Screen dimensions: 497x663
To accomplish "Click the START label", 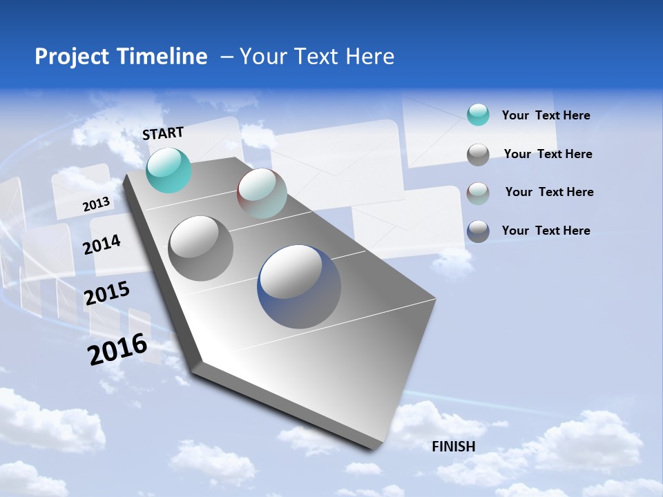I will tap(163, 133).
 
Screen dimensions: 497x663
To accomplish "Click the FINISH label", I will tap(454, 446).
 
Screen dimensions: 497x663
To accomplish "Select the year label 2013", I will tap(97, 204).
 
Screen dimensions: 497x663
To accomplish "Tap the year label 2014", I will tap(102, 244).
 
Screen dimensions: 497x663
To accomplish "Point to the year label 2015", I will tap(107, 293).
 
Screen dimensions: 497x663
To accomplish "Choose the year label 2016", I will tap(117, 349).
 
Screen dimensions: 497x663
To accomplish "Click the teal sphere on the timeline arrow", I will tap(169, 170).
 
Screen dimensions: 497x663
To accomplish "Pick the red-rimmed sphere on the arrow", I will tap(262, 193).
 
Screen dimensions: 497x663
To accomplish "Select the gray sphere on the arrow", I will tap(201, 248).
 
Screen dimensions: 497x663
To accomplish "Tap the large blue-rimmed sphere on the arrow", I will tap(299, 286).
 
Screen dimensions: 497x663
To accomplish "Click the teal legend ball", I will tap(478, 115).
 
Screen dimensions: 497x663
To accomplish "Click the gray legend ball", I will tap(478, 155).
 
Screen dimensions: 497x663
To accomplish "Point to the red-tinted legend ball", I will tap(478, 193).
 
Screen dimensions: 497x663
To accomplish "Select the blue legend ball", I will tap(478, 231).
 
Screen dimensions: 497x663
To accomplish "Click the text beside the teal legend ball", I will tap(546, 115).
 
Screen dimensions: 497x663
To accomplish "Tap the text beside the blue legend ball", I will tap(546, 231).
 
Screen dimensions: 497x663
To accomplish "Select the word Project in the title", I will tap(69, 57).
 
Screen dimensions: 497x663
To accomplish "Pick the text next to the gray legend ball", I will tap(548, 154).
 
